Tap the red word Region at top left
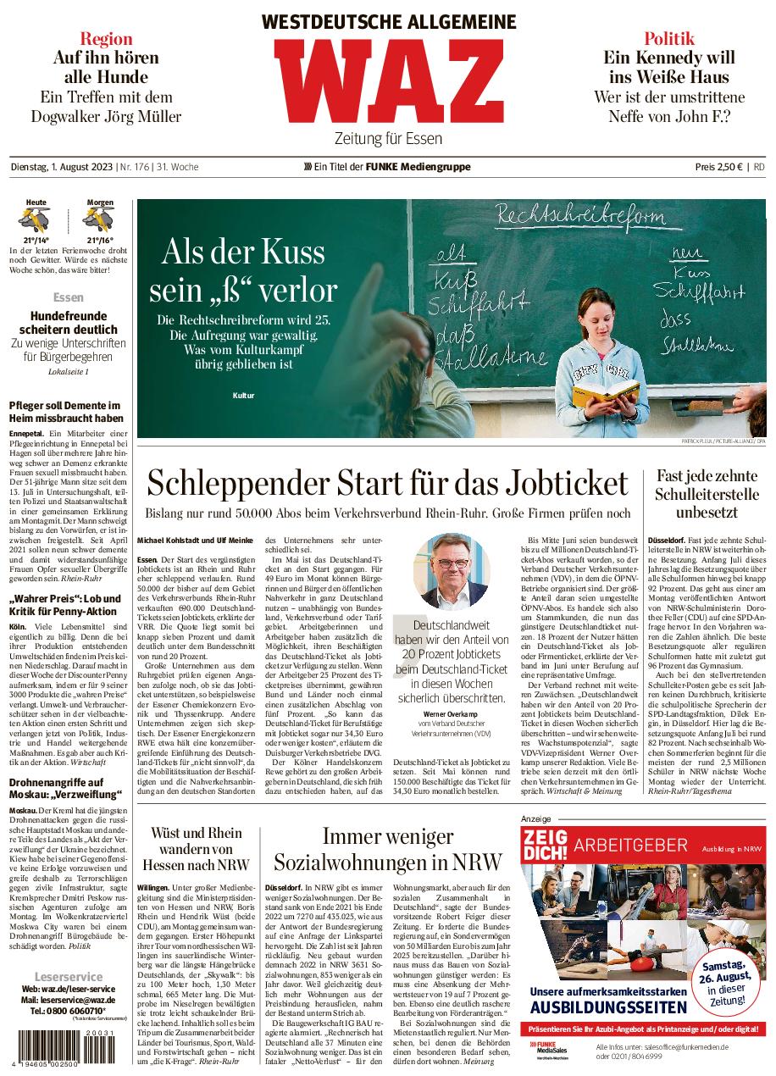point(106,38)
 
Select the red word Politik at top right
point(668,38)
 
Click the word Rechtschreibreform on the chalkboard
point(580,218)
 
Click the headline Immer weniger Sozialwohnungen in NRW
point(387,851)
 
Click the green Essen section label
point(68,298)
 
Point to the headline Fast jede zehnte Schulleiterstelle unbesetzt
point(707,494)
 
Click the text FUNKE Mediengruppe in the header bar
point(418,167)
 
